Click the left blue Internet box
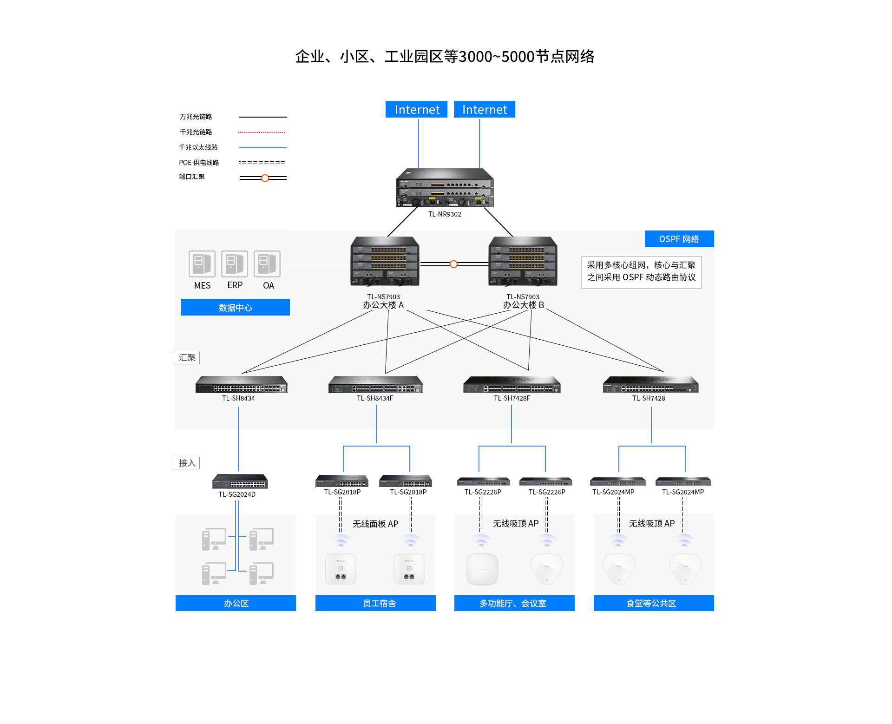tap(416, 109)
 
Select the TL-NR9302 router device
tap(445, 188)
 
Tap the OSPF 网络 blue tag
tap(679, 239)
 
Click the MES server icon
tap(202, 264)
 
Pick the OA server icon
tap(267, 264)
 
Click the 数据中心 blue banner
tap(235, 307)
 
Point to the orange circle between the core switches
tap(453, 264)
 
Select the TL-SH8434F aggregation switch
tap(375, 385)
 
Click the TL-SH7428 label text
tap(649, 398)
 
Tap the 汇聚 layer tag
tap(187, 358)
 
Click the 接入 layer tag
tap(187, 463)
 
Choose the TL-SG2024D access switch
tap(240, 481)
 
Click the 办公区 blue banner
tap(236, 603)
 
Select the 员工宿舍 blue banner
tap(375, 603)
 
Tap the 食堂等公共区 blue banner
tap(653, 603)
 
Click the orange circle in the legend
tap(265, 178)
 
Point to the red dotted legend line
tap(262, 132)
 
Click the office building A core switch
tap(385, 261)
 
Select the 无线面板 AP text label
tap(375, 524)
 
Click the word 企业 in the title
tap(310, 57)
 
